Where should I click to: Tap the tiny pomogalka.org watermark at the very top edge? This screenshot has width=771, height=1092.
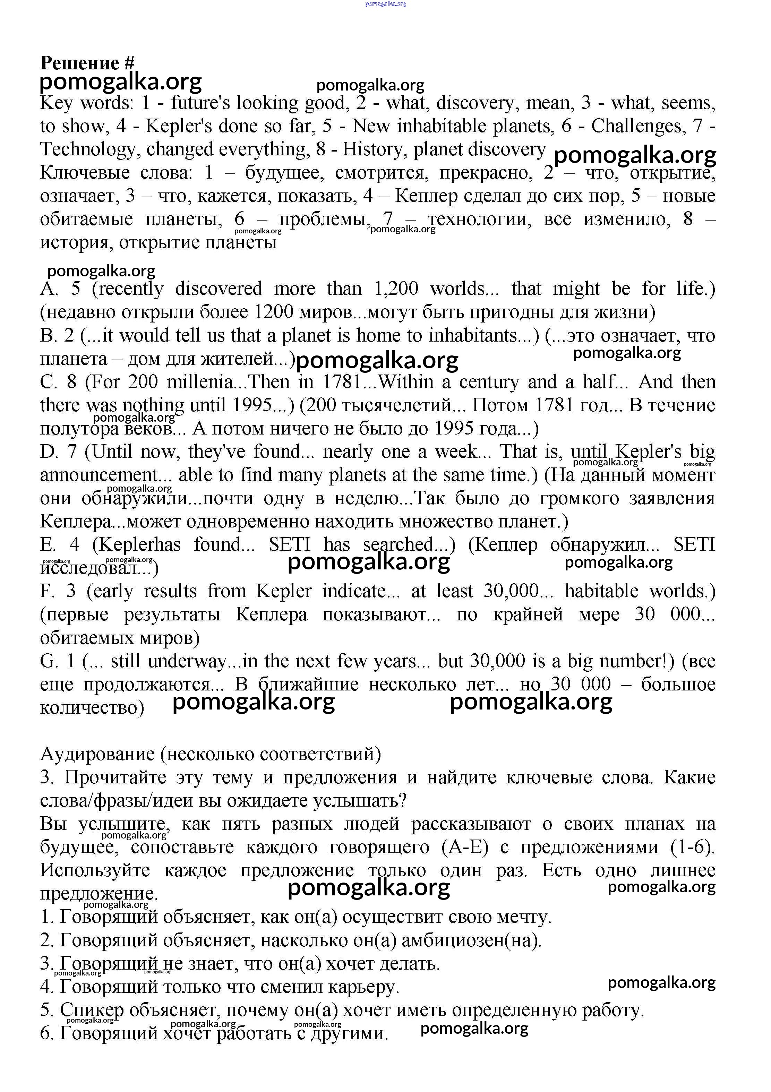(386, 4)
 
